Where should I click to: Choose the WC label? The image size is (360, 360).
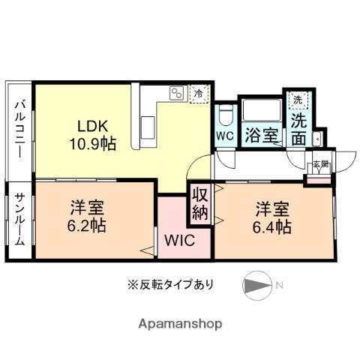[x=223, y=136]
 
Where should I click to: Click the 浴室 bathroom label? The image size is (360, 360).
[x=260, y=136]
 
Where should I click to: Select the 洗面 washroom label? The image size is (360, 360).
[x=299, y=128]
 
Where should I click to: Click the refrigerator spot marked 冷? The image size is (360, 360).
[x=199, y=93]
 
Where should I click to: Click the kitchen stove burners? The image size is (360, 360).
[x=177, y=93]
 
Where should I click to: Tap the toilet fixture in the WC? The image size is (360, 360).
[x=224, y=114]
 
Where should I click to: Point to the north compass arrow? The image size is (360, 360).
[x=256, y=286]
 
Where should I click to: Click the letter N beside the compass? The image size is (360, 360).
[x=279, y=285]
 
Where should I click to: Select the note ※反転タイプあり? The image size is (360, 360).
[x=170, y=285]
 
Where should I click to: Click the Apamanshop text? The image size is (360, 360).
[x=179, y=324]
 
